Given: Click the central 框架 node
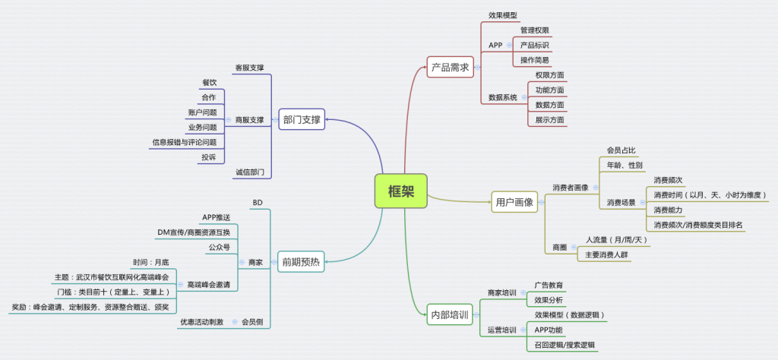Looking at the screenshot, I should click(x=401, y=191).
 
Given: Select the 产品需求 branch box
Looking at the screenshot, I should click(x=450, y=67).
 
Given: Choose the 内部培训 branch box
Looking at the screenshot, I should click(x=450, y=314).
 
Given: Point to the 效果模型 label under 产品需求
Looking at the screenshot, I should click(x=502, y=16).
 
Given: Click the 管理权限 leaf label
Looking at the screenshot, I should click(x=535, y=30).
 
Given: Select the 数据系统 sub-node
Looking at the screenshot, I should click(x=502, y=97).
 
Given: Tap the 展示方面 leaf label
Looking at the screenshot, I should click(x=549, y=119).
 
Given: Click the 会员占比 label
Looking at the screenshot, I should click(x=621, y=150).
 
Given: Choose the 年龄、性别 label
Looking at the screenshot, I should click(x=625, y=165).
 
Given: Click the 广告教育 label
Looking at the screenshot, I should click(x=549, y=285).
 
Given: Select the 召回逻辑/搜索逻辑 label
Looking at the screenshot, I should click(x=565, y=345).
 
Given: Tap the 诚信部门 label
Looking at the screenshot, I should click(x=250, y=172).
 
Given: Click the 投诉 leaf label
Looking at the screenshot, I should click(x=208, y=157).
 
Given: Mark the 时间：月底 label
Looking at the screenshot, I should click(x=150, y=262).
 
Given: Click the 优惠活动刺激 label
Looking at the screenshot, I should click(x=201, y=322).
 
